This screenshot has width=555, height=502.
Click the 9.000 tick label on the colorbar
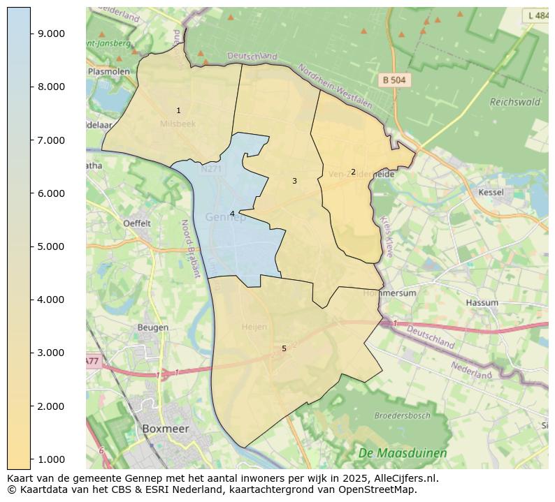tap(51, 34)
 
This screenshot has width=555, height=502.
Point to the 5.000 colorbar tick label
tap(51, 246)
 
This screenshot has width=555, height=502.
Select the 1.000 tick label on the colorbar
tap(51, 459)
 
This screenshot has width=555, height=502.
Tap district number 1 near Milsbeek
tap(178, 110)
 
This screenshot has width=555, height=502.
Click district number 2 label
tap(353, 172)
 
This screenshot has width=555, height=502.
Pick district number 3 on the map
tap(294, 181)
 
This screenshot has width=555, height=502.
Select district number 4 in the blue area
tap(232, 214)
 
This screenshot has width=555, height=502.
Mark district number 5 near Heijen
tap(284, 348)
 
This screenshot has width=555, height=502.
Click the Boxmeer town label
tap(165, 429)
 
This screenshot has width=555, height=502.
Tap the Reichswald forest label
tap(515, 102)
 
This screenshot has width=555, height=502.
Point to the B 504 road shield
tap(394, 80)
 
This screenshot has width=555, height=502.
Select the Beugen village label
tap(152, 327)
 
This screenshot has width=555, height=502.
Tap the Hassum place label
tap(482, 303)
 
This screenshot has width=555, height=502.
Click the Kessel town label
tap(491, 192)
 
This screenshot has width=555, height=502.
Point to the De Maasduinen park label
tap(402, 453)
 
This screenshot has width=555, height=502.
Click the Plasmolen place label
tap(109, 71)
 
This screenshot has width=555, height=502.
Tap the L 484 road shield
tap(538, 15)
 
